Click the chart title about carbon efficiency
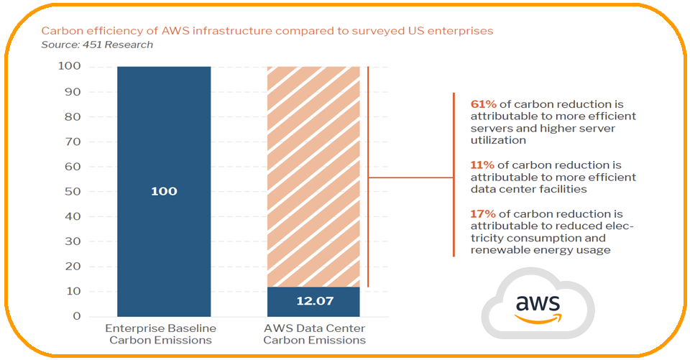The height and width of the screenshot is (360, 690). pyautogui.click(x=267, y=31)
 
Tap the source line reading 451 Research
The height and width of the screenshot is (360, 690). pyautogui.click(x=97, y=45)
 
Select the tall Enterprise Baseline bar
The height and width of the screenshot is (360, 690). pyautogui.click(x=164, y=191)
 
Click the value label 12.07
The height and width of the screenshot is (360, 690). pyautogui.click(x=315, y=301)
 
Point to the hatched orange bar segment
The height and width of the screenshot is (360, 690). pyautogui.click(x=313, y=177)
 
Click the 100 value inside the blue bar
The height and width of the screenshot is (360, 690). pyautogui.click(x=164, y=191)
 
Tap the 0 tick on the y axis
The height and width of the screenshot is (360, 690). pyautogui.click(x=77, y=316)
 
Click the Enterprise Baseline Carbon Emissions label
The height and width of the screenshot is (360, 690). pyautogui.click(x=160, y=334)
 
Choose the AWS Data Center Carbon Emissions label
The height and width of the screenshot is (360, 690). pyautogui.click(x=314, y=334)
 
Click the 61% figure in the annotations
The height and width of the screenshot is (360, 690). pyautogui.click(x=483, y=104)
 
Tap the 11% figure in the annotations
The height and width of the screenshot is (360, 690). pyautogui.click(x=482, y=165)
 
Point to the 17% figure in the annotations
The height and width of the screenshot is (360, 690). pyautogui.click(x=483, y=214)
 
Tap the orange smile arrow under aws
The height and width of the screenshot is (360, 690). pyautogui.click(x=538, y=318)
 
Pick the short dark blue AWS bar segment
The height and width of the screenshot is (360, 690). pyautogui.click(x=313, y=302)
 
